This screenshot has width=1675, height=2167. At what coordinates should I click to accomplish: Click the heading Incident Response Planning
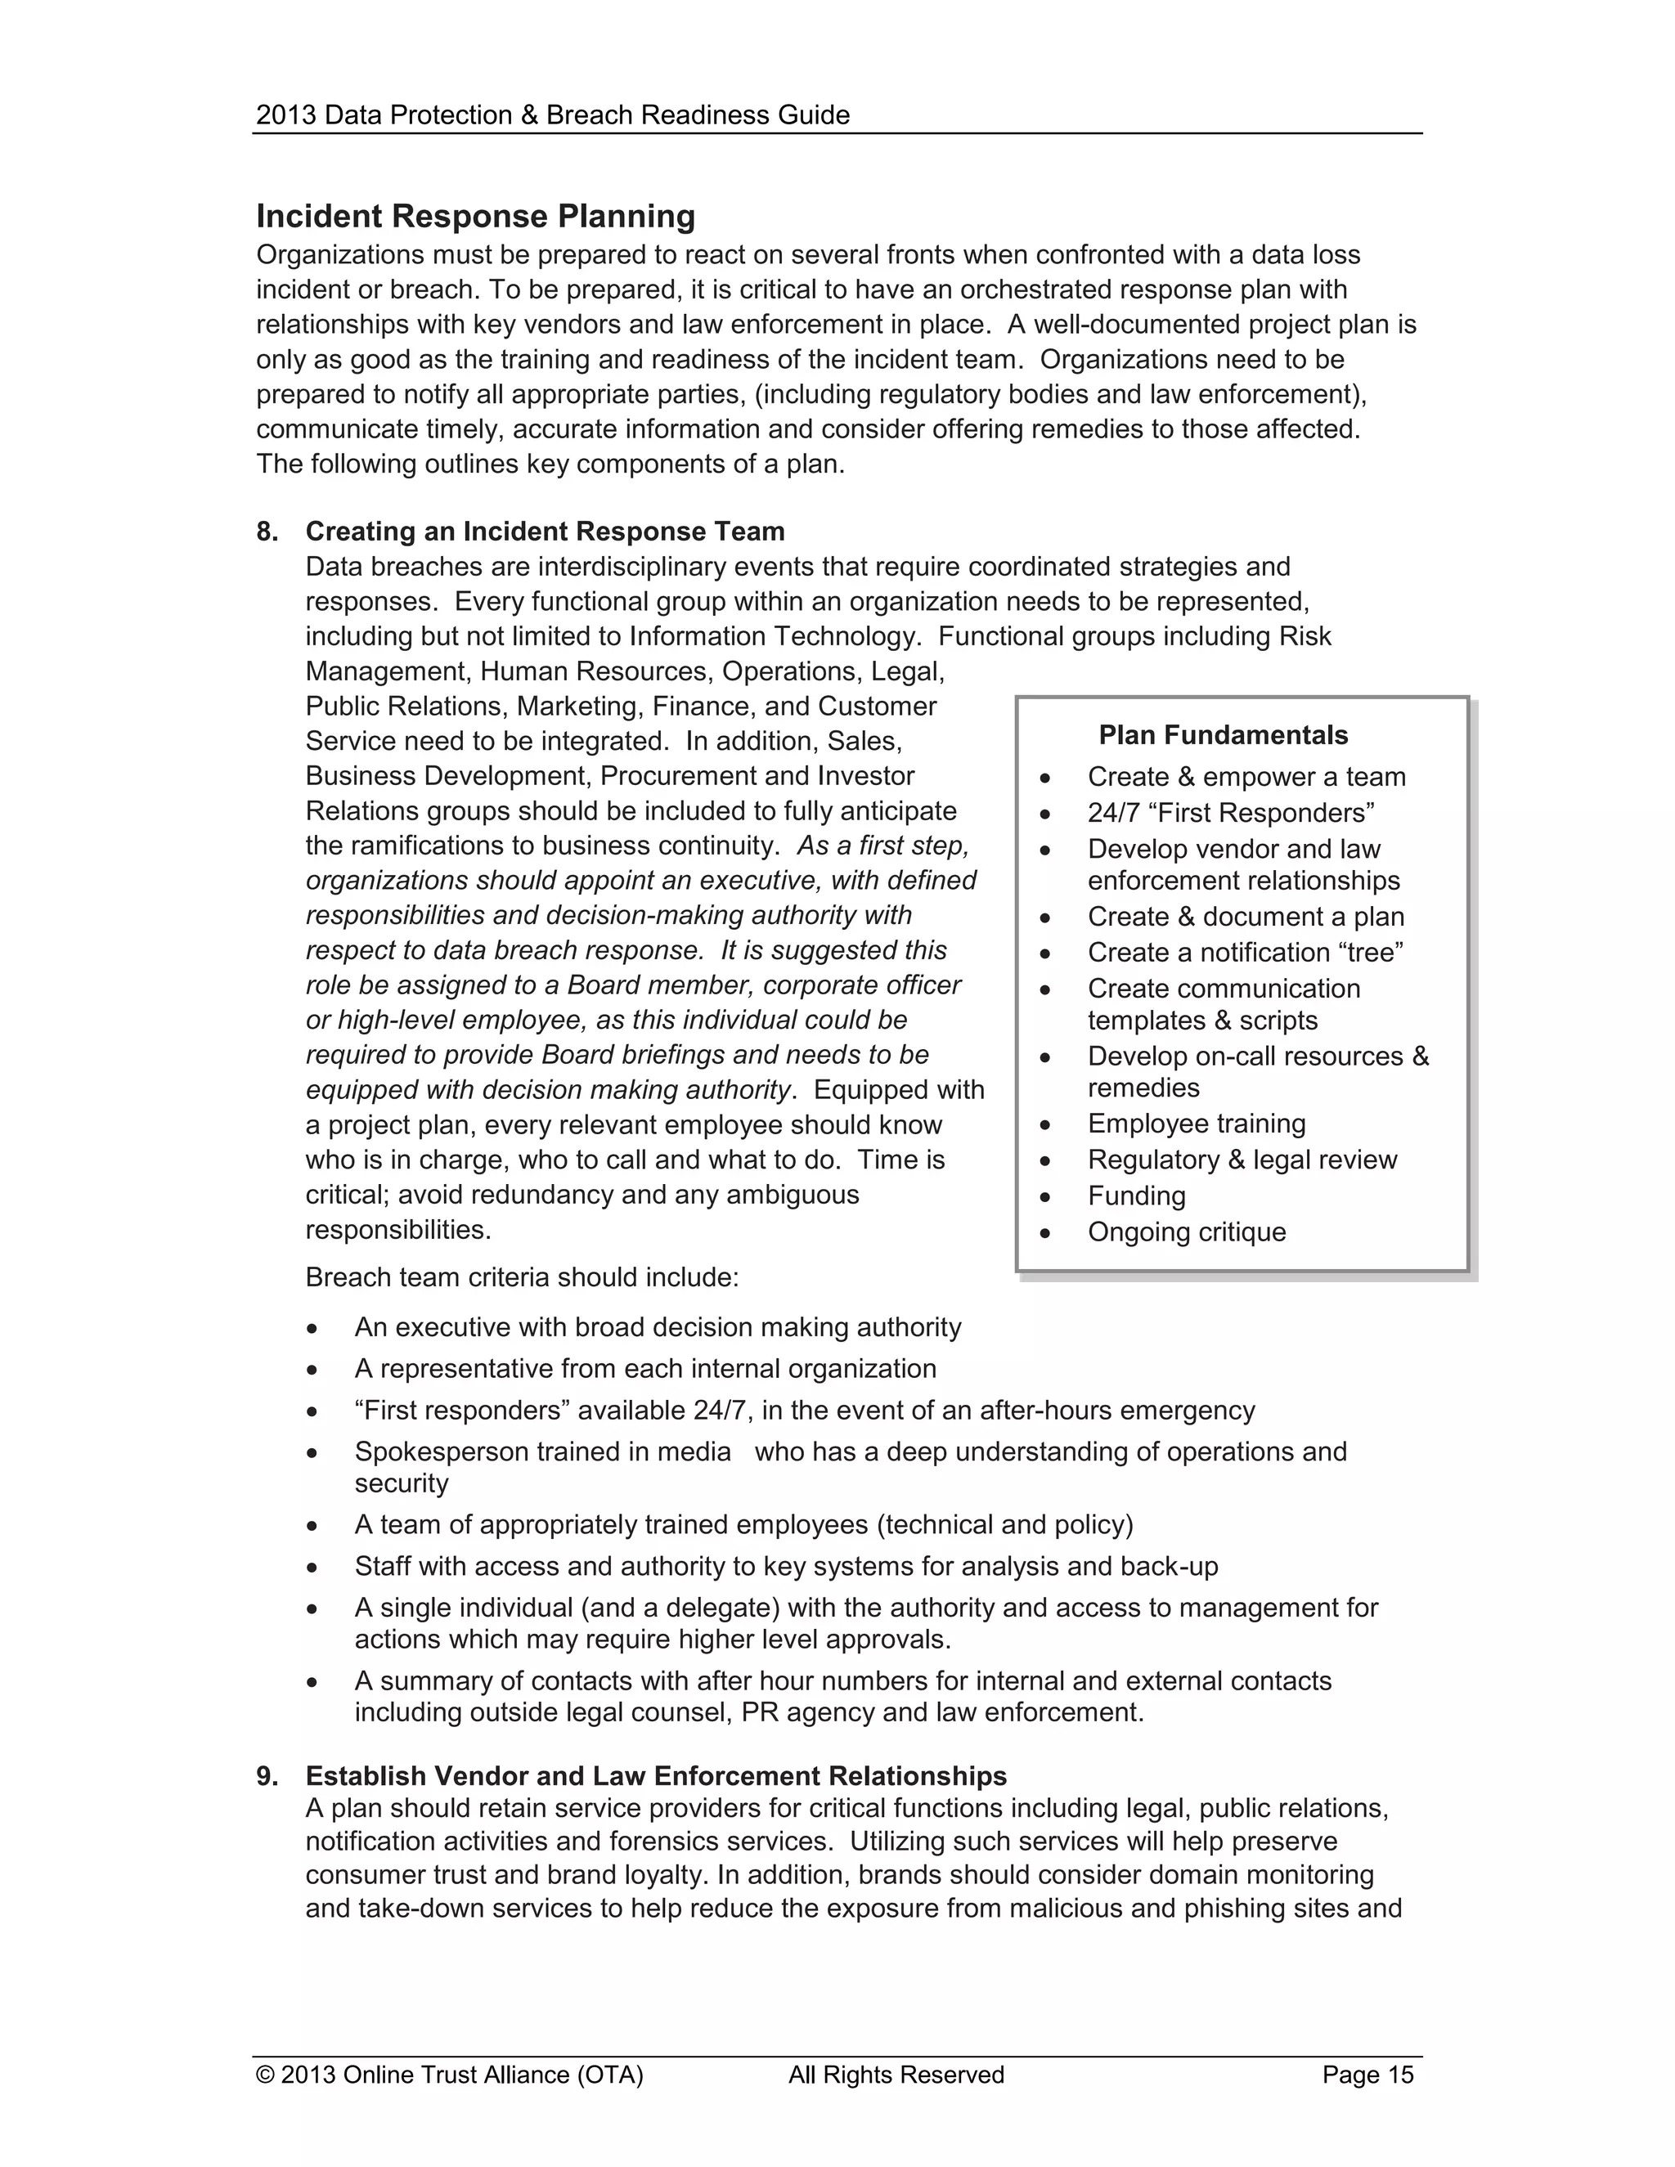point(475,217)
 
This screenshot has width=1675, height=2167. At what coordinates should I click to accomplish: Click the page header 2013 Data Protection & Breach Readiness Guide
point(553,115)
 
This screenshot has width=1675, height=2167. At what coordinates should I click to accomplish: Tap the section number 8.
point(267,532)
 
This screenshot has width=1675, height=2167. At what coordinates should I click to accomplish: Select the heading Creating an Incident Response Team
point(545,532)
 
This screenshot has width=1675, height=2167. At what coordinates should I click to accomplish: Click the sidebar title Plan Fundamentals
point(1223,735)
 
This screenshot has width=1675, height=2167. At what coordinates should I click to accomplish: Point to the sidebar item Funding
point(1136,1196)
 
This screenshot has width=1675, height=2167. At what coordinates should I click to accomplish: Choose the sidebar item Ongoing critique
point(1186,1232)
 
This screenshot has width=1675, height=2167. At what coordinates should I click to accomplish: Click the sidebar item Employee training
point(1196,1124)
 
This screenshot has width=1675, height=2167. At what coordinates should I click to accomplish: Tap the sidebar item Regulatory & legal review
point(1242,1159)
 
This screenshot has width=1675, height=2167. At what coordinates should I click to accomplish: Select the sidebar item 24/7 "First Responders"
point(1230,813)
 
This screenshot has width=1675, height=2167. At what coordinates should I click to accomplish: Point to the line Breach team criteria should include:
point(522,1277)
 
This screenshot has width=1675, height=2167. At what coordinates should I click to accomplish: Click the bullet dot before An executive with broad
point(312,1329)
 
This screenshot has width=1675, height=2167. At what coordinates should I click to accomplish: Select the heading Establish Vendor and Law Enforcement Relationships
point(655,1776)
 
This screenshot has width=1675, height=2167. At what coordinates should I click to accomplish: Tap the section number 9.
point(267,1776)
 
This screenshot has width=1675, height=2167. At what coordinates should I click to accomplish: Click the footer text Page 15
point(1367,2075)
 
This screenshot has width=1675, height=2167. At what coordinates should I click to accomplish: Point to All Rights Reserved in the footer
point(896,2075)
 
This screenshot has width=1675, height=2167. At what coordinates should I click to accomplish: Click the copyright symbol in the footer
point(265,2075)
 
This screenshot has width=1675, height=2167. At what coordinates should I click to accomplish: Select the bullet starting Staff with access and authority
point(786,1566)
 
